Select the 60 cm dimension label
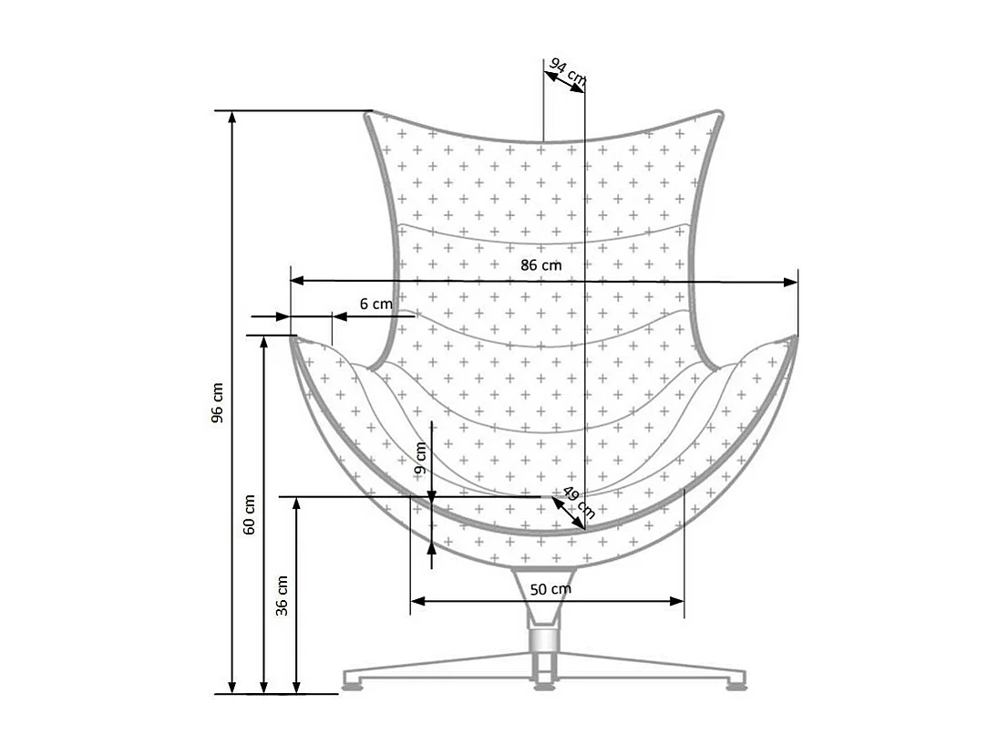pos(250,514)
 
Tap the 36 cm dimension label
pos(283,595)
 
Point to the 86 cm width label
pos(541,265)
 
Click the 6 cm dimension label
pos(375,304)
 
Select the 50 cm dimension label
pos(550,588)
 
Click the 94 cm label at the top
pos(568,71)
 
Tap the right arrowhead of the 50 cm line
pos(677,600)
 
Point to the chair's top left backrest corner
pos(369,114)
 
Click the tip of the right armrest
pos(793,338)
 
